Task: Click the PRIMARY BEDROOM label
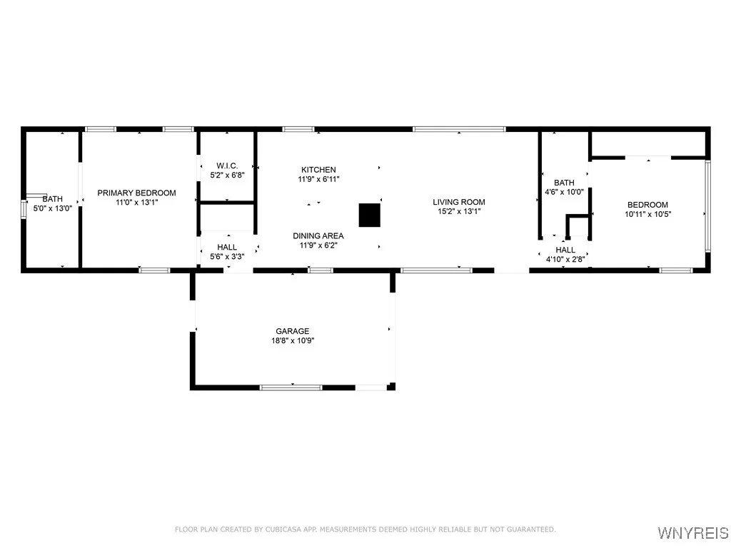pos(136,193)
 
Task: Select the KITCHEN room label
pos(318,169)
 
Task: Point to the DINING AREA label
pos(318,236)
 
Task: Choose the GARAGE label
pos(293,331)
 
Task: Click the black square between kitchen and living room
pos(369,215)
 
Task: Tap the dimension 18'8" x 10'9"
pos(293,341)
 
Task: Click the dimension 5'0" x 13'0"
pos(52,208)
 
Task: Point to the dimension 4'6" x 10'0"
pos(564,192)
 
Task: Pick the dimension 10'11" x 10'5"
pos(648,214)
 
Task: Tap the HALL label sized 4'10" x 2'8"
pos(565,250)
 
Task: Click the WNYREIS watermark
pos(692,533)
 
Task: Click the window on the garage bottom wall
pos(291,387)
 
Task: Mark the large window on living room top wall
pos(459,129)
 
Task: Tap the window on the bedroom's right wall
pos(707,205)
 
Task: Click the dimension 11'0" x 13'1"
pos(136,202)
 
